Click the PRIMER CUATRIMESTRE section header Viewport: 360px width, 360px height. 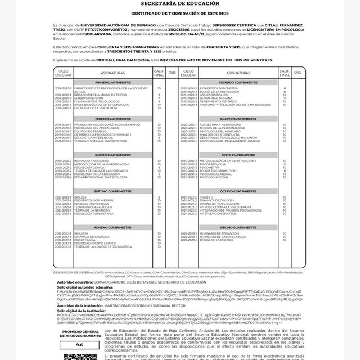[112, 82]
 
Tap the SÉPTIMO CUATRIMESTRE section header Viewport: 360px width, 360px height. [112, 191]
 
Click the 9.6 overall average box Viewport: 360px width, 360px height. [79, 344]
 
